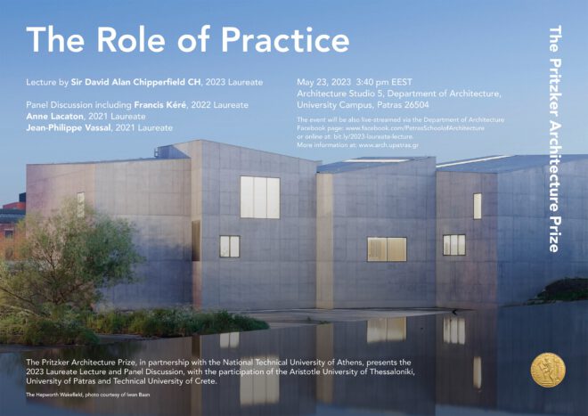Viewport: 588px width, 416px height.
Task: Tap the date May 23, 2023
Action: (x=323, y=82)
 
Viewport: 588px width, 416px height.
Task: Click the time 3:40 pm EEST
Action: (x=388, y=82)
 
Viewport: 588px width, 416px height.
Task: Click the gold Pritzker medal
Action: (x=547, y=371)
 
